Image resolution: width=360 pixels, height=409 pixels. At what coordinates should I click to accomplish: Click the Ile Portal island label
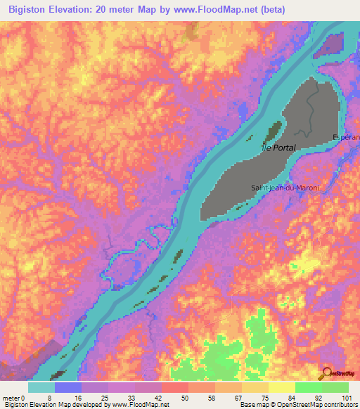point(278,148)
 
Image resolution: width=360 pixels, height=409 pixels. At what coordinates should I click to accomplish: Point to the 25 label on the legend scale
point(108,397)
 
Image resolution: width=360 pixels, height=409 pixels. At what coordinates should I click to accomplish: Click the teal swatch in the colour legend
point(41,387)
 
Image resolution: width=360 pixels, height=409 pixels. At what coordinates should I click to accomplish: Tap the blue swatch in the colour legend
point(68,387)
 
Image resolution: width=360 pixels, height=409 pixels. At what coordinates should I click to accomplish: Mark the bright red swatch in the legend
point(175,387)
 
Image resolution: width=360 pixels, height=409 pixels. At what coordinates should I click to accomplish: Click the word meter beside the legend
point(12,397)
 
